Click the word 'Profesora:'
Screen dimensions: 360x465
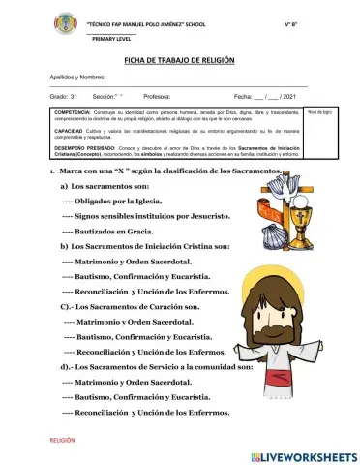pos(157,98)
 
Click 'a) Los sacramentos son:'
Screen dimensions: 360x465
pos(106,184)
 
